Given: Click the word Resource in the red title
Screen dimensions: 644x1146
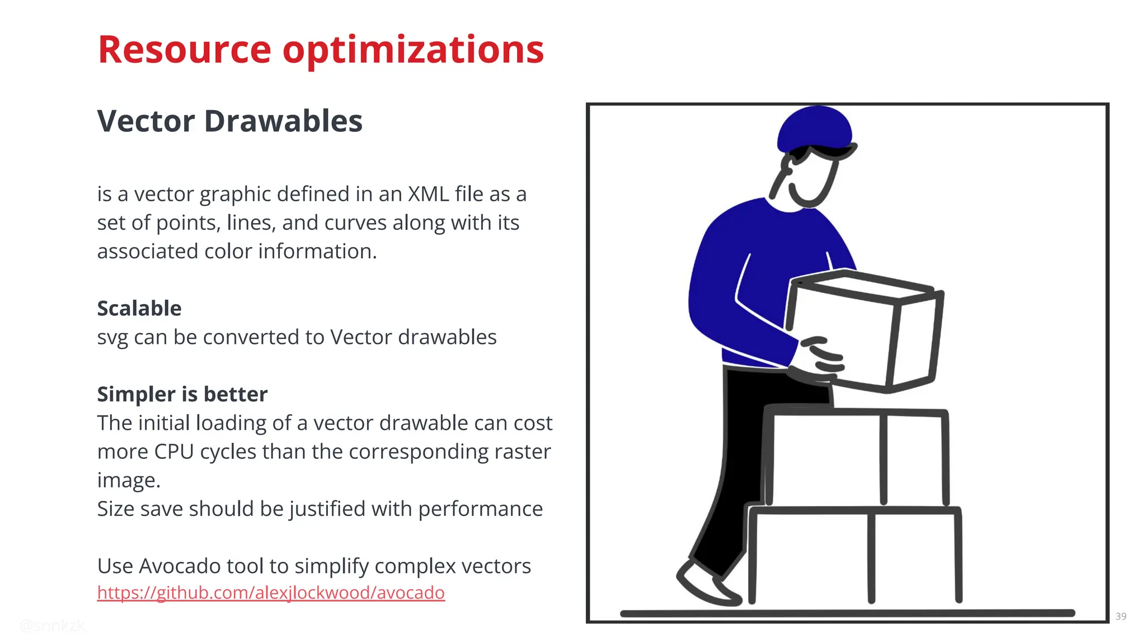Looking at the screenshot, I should (184, 50).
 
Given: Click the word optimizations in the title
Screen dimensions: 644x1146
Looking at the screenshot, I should (413, 50).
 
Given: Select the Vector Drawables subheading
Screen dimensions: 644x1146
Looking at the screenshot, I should (229, 121).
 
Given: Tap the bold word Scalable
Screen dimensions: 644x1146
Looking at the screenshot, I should (139, 309).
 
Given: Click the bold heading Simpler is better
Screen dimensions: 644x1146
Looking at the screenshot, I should (182, 395).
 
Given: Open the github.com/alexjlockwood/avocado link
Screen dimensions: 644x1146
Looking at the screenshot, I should (271, 593).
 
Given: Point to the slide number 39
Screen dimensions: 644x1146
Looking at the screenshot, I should (1121, 616).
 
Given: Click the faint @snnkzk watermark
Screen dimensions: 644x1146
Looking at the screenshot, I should (52, 626).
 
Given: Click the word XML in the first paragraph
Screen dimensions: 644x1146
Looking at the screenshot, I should (428, 194).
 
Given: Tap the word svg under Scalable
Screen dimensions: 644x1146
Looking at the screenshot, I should (112, 338).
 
